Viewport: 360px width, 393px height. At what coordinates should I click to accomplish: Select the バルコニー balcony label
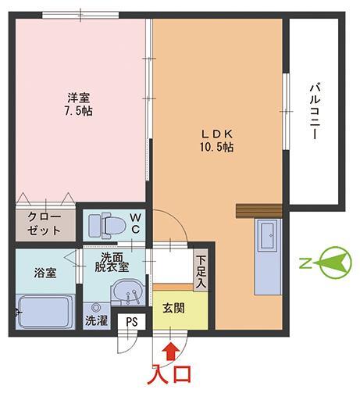[x=314, y=112]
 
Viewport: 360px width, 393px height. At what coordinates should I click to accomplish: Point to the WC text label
[x=134, y=223]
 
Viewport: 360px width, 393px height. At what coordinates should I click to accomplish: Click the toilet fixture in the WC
[x=105, y=226]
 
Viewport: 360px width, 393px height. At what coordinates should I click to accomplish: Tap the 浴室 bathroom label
[x=44, y=273]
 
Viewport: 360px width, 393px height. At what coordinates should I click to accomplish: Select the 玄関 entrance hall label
[x=174, y=308]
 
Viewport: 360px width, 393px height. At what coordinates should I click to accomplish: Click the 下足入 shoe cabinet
[x=201, y=270]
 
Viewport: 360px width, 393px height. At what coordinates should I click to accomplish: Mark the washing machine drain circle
[x=96, y=307]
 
